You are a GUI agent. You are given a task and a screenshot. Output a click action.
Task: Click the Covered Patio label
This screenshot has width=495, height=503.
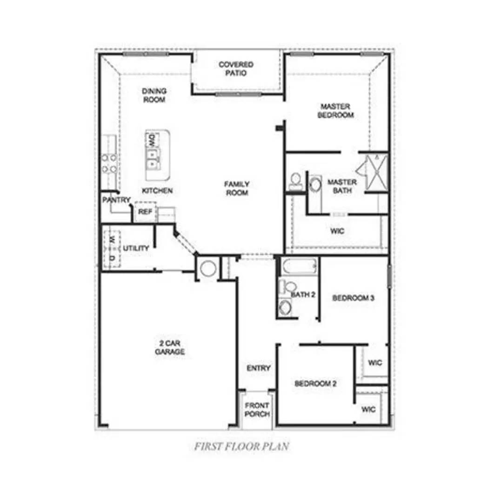(x=236, y=69)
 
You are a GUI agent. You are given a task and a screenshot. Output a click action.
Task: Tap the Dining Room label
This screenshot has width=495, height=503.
(x=154, y=95)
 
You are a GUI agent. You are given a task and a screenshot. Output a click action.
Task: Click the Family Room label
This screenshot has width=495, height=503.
(x=237, y=189)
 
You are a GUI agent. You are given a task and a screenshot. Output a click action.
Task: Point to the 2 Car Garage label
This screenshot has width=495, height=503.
(x=170, y=348)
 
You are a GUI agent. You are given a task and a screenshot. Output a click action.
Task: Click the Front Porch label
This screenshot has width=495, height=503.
(x=257, y=410)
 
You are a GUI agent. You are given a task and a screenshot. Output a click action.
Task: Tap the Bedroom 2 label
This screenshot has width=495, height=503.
(x=315, y=384)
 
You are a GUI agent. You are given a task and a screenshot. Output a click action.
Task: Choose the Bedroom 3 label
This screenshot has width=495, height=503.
(x=354, y=298)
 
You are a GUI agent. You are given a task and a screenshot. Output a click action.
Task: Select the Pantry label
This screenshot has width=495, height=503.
(x=116, y=200)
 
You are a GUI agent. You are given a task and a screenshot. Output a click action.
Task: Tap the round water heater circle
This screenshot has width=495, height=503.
(x=207, y=269)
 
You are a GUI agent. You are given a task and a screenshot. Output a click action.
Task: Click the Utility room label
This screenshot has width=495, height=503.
(x=136, y=248)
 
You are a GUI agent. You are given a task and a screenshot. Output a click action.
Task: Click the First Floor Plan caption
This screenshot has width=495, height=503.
(x=242, y=446)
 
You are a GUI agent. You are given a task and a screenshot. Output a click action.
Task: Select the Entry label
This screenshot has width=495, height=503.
(x=258, y=368)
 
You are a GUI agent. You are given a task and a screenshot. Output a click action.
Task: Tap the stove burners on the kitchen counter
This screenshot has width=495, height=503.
(x=109, y=163)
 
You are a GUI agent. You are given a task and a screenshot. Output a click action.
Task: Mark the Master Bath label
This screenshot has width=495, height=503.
(x=342, y=186)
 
